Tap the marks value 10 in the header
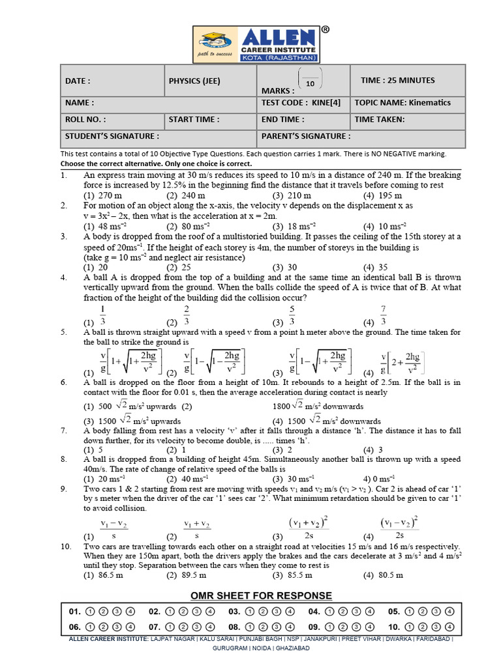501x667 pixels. pos(310,83)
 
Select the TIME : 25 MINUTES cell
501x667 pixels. pos(397,81)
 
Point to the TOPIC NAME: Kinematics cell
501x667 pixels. pos(402,103)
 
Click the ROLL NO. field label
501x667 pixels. pos(85,120)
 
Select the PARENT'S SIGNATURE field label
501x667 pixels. pos(305,136)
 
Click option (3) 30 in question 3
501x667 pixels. pos(285,267)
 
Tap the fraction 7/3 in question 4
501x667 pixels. pos(384,315)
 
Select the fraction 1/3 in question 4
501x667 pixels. pos(102,316)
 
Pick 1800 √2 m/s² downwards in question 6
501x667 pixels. pos(318,406)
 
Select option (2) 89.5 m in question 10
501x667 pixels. pos(187,575)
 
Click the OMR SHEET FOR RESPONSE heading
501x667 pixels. pos(261,596)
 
